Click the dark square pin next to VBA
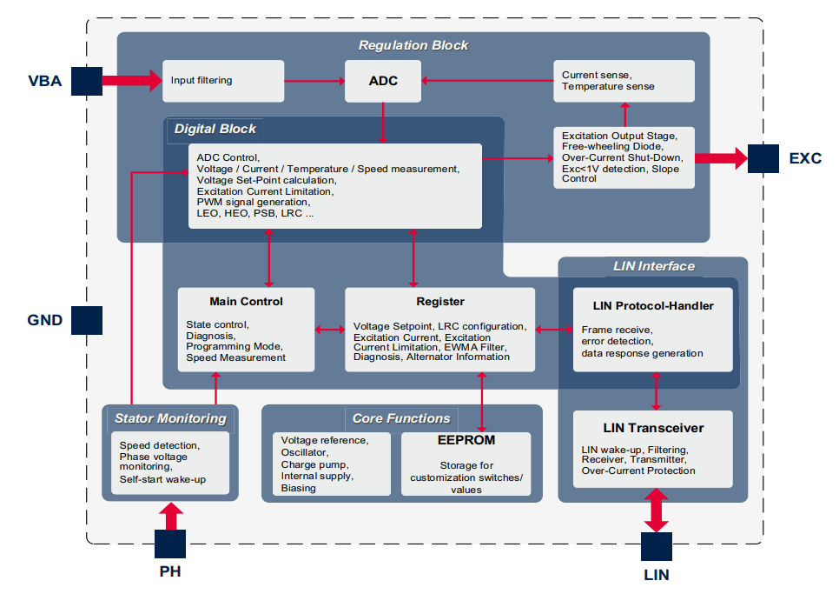(87, 81)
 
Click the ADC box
(383, 81)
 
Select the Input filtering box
(223, 81)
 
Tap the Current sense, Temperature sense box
(624, 81)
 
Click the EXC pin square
(763, 158)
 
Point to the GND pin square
(87, 319)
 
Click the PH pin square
(170, 544)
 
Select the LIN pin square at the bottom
(657, 546)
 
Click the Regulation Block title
(413, 45)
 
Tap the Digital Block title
(215, 129)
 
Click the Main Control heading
(246, 302)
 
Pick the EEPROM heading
(466, 440)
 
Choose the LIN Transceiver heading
(653, 428)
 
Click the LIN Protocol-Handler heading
(653, 305)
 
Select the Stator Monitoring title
(170, 418)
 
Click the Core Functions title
(401, 418)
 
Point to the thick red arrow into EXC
(721, 158)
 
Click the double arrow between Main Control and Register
(330, 330)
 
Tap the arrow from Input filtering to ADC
(314, 81)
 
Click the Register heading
(440, 302)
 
